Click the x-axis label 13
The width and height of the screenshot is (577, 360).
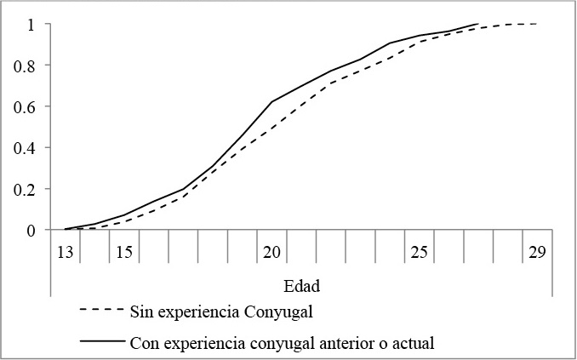[x=66, y=253]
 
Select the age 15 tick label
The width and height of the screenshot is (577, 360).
[x=124, y=253]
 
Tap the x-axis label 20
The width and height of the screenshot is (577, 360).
[x=271, y=253]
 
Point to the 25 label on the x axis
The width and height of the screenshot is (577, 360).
[x=419, y=253]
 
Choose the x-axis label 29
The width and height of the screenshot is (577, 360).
[x=537, y=253]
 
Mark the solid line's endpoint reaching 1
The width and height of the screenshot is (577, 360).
[x=478, y=24]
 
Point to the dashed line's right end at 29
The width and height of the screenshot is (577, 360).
[x=537, y=24]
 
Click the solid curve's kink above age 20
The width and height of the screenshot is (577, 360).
[x=272, y=102]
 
